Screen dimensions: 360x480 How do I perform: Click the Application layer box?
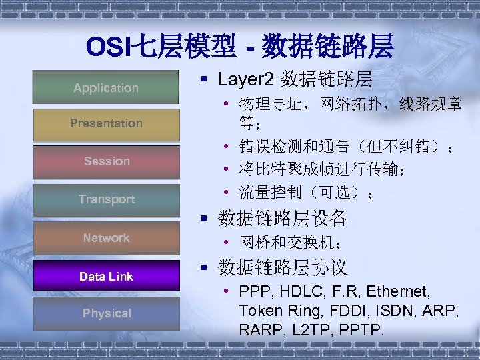point(106,87)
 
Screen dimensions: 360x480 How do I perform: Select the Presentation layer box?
point(106,123)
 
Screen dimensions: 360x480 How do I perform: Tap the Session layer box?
point(106,161)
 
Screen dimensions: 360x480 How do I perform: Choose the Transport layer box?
point(106,199)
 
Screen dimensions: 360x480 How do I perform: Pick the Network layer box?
point(106,238)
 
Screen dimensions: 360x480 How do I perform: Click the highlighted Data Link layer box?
point(106,276)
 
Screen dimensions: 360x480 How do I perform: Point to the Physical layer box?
point(106,313)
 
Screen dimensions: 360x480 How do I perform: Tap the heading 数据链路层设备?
point(283,219)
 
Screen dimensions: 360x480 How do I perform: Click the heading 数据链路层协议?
point(283,268)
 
